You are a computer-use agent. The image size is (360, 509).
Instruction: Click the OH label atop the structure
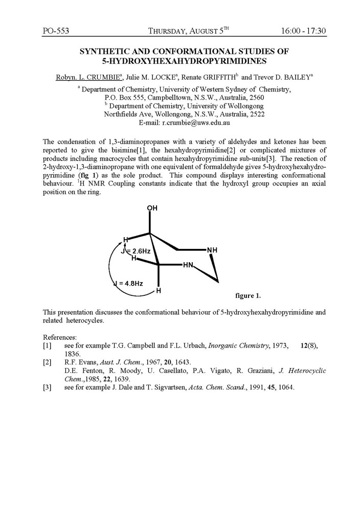(x=152, y=208)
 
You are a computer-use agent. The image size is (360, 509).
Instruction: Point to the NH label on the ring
(x=212, y=250)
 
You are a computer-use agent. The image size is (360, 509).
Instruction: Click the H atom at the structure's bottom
(x=159, y=291)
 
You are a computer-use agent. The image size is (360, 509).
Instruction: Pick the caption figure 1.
(x=248, y=295)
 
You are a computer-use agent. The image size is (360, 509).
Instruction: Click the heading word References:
(x=60, y=338)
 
